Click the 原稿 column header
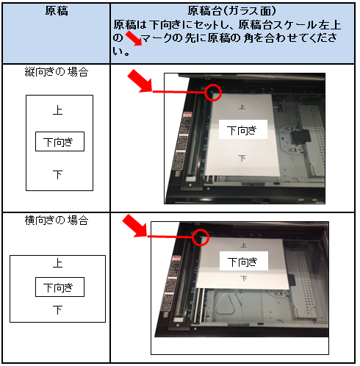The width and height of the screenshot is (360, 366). [x=57, y=11]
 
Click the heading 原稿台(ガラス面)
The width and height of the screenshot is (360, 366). [x=232, y=11]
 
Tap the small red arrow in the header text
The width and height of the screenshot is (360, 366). [x=134, y=38]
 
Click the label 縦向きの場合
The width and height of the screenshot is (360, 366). [x=57, y=72]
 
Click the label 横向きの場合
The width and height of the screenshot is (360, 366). [x=57, y=220]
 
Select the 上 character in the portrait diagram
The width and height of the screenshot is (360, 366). [x=58, y=110]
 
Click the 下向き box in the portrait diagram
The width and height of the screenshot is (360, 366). [x=60, y=142]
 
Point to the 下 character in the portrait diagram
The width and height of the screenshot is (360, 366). [x=58, y=175]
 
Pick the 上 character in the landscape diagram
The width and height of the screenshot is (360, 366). [x=58, y=263]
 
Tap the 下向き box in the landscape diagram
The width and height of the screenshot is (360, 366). [x=60, y=287]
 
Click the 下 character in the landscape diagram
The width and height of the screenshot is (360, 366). [x=58, y=310]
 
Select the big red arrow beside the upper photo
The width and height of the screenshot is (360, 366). [x=140, y=82]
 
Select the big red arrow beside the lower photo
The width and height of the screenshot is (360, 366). [x=134, y=226]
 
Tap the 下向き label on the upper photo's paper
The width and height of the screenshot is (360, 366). [x=242, y=130]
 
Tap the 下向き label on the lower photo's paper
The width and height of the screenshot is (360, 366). [x=244, y=261]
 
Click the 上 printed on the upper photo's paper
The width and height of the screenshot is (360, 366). [x=242, y=107]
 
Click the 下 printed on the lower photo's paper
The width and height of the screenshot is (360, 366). [x=244, y=279]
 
